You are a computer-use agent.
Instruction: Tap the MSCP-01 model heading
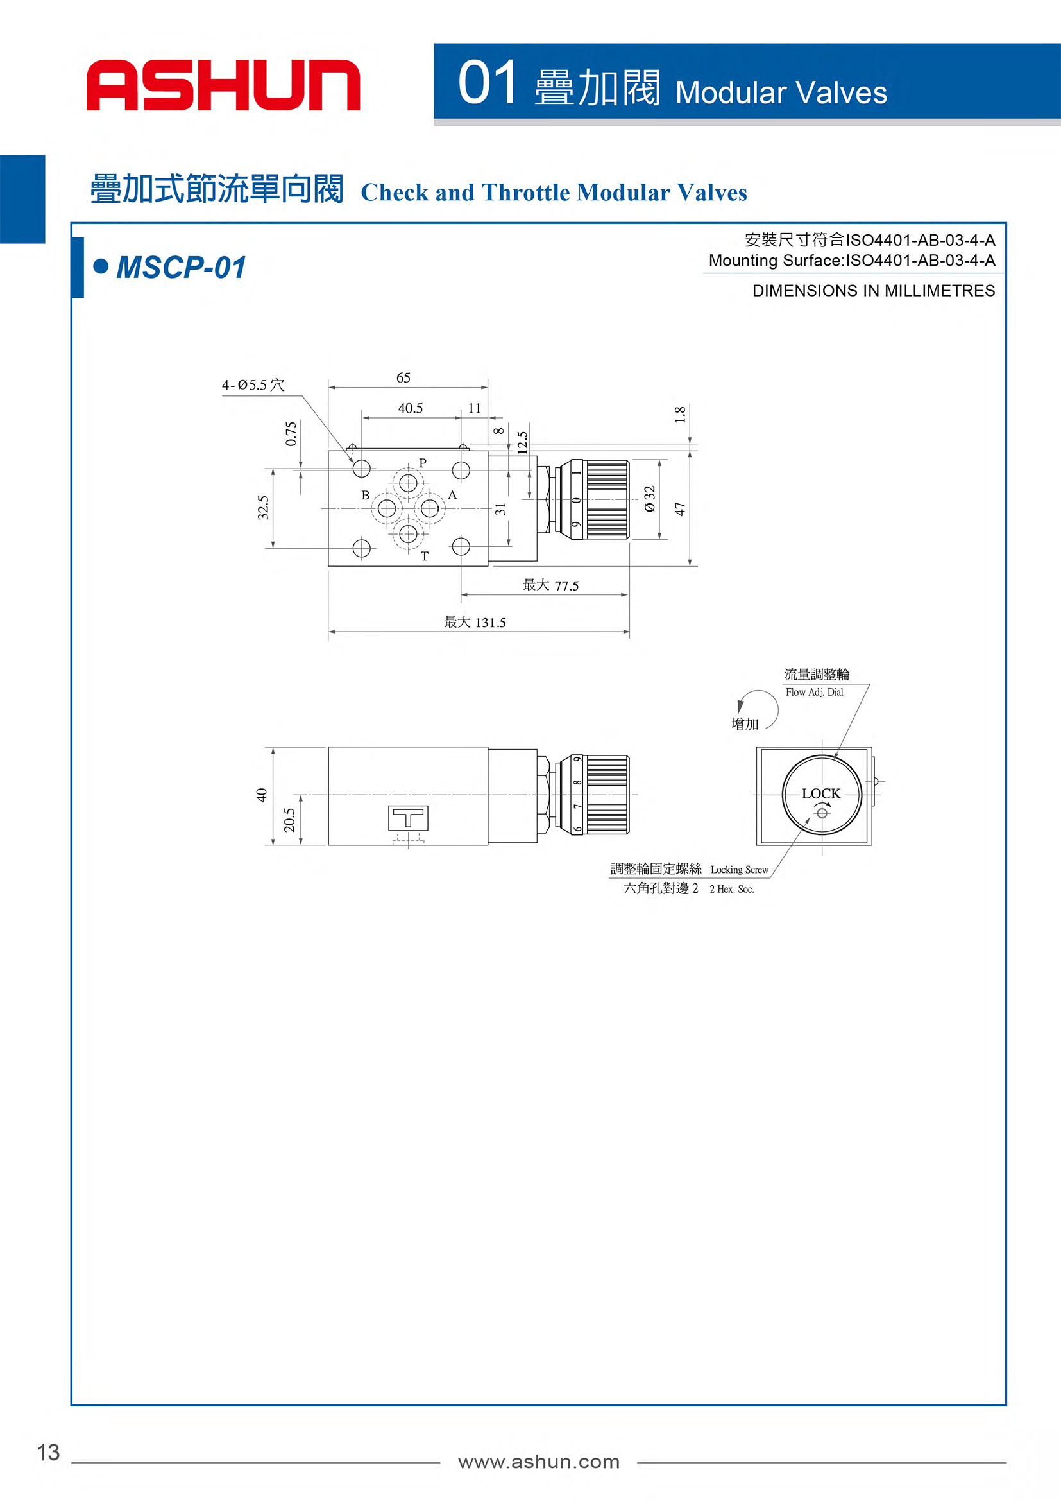(181, 268)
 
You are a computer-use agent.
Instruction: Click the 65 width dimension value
(403, 377)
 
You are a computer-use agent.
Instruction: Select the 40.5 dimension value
(411, 408)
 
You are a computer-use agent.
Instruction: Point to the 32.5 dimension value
(263, 508)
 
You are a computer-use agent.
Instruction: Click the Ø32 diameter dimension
(649, 499)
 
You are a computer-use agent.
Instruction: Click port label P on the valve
(423, 463)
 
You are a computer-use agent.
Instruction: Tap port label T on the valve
(425, 556)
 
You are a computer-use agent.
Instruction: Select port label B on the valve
(366, 496)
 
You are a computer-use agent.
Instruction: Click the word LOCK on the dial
(821, 793)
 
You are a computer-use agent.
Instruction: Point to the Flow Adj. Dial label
(815, 692)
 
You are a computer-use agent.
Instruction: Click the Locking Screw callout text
(740, 869)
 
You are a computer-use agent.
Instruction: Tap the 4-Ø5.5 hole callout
(253, 384)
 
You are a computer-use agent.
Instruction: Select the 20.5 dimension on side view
(289, 820)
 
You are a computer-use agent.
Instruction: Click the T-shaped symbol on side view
(408, 818)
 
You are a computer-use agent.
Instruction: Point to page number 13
(48, 1453)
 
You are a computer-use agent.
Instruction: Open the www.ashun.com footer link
(539, 1462)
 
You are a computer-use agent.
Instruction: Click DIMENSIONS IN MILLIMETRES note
(874, 291)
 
